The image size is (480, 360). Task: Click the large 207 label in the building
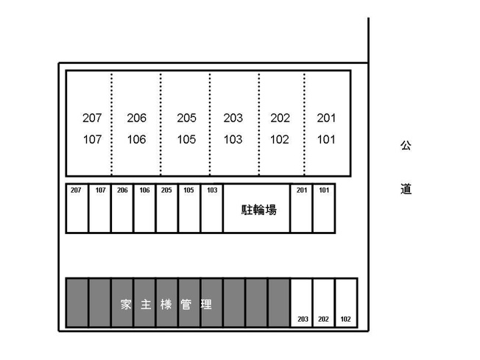pos(92,118)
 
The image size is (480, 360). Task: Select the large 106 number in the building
pos(136,140)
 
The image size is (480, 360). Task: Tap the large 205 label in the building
pos(186,118)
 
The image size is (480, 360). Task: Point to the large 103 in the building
pos(233,140)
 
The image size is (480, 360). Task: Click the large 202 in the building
pos(280,118)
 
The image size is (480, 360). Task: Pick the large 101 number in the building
pos(326,140)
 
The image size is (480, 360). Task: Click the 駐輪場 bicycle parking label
pos(259,210)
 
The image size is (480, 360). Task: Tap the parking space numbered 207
pos(77,208)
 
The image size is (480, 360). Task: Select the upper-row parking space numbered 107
pos(100,208)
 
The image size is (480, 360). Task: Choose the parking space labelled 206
pos(122,208)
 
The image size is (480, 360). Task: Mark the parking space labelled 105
pos(189,208)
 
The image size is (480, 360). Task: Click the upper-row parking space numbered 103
pos(212,208)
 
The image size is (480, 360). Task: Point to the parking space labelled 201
pos(302,208)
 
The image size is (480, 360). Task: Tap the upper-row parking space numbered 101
pos(324,208)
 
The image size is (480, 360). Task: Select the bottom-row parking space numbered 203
pos(302,303)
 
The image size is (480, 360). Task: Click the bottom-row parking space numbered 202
pos(324,303)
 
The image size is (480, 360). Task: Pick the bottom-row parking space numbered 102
pos(346,303)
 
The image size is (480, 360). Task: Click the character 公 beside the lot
pos(406,146)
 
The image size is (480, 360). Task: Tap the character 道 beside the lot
pos(406,189)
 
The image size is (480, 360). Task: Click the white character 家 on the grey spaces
pos(126,304)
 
